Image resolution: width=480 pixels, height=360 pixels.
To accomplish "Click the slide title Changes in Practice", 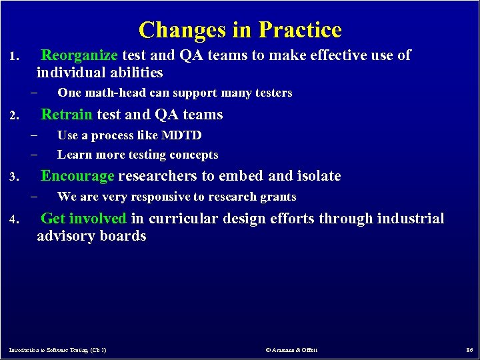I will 240,30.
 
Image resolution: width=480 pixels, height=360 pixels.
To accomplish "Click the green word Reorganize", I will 79,55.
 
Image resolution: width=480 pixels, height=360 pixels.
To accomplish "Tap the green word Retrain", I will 67,115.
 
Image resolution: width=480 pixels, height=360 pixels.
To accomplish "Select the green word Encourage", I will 77,177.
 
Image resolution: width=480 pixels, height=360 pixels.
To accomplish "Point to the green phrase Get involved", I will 83,219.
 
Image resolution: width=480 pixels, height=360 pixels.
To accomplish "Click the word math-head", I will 109,93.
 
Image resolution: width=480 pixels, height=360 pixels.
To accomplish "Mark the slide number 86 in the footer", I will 469,349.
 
